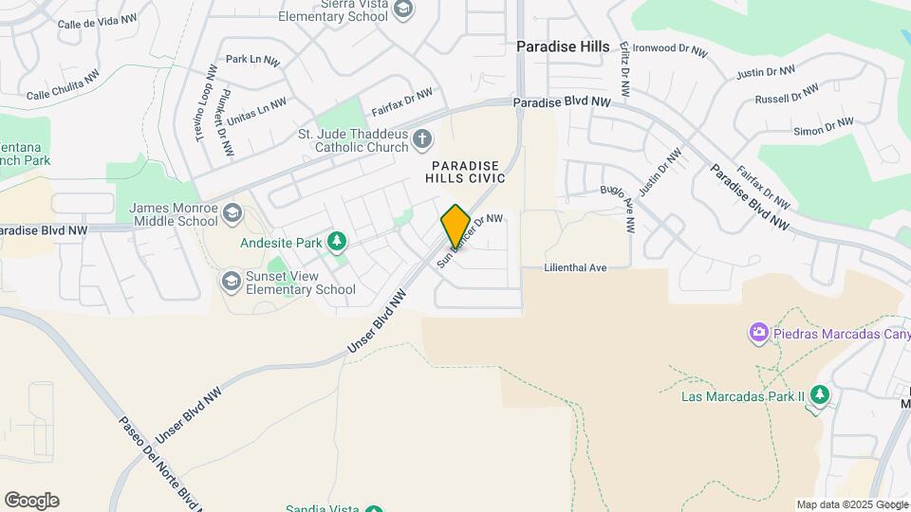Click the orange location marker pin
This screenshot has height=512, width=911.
pos(455,227)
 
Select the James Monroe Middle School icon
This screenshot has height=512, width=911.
pos(232,214)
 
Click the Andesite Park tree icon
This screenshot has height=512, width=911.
pos(336,243)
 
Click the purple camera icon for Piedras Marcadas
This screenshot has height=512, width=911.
pos(758,333)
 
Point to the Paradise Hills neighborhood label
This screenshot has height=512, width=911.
pos(563,46)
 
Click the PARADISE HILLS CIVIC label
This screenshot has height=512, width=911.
pos(466,172)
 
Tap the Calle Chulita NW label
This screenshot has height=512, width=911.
pos(63,87)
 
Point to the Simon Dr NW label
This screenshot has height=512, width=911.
pos(824,125)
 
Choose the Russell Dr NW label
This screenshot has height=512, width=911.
pos(786,94)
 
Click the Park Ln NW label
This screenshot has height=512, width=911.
pos(252,60)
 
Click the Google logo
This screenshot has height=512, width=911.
pos(31,501)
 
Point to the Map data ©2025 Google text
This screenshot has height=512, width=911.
pos(851,504)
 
